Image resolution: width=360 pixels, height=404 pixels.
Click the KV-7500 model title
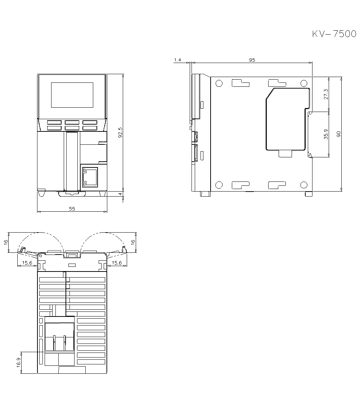click(x=334, y=34)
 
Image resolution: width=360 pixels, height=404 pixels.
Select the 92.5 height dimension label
click(x=120, y=133)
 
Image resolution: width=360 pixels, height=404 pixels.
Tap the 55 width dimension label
click(x=72, y=209)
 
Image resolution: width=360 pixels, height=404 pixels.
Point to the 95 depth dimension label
click(x=252, y=60)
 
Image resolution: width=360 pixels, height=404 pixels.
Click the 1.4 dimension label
click(x=177, y=60)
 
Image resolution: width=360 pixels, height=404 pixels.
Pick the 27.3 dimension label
click(x=326, y=94)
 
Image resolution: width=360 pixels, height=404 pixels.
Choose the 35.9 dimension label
click(x=326, y=134)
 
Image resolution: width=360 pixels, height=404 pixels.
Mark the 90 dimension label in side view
click(x=339, y=134)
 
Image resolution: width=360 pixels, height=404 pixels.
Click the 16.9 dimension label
click(x=19, y=363)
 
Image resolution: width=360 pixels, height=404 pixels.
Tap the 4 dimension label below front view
click(x=120, y=194)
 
